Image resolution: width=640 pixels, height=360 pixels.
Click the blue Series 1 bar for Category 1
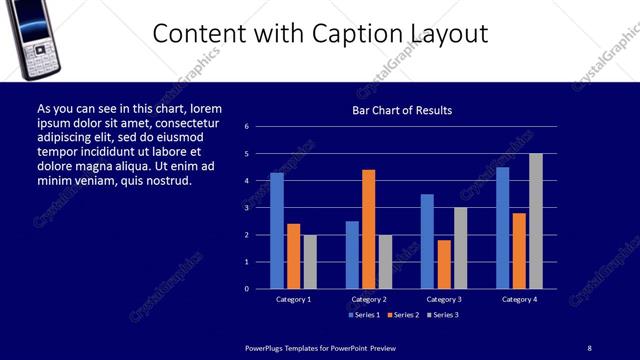[x=277, y=231]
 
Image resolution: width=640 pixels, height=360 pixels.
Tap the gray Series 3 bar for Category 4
[x=536, y=221]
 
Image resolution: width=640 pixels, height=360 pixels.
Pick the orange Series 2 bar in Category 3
[x=444, y=264]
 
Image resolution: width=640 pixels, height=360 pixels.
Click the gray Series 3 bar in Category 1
[x=310, y=262]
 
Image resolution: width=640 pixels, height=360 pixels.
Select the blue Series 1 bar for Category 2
[x=352, y=255]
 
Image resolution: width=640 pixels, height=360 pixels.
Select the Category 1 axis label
[x=293, y=299]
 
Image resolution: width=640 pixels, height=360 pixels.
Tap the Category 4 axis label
[x=519, y=299]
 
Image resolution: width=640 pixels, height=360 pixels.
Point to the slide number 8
[x=589, y=347]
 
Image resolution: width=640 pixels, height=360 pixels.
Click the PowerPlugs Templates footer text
[x=320, y=347]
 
